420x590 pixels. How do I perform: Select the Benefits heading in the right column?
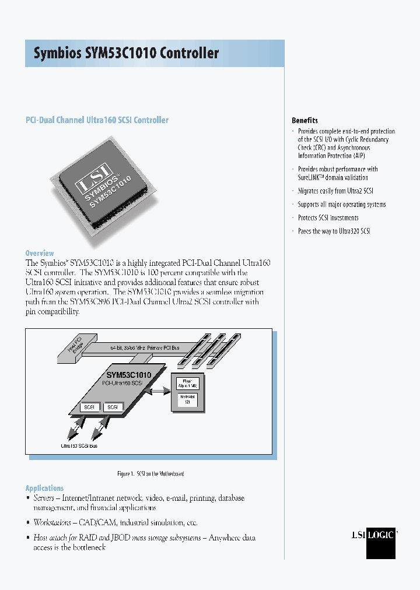point(304,120)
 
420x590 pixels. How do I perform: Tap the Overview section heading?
point(40,253)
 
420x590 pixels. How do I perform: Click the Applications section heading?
point(44,488)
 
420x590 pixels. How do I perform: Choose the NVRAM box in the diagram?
point(187,399)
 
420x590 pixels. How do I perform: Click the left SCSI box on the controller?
point(90,407)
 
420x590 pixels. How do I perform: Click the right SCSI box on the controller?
point(113,407)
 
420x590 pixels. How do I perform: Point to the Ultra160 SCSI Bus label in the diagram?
point(79,445)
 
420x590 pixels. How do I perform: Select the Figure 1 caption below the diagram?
point(150,474)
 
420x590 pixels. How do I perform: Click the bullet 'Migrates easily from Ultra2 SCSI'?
point(335,191)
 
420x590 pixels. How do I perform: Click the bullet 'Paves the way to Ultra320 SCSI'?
point(334,231)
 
